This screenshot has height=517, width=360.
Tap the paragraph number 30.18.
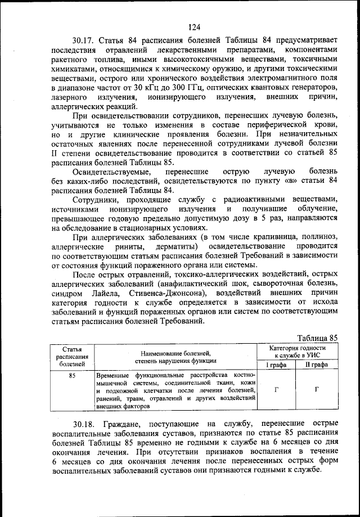pos(84,438)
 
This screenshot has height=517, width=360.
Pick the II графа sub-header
pos(316,365)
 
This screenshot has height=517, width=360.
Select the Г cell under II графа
pos(316,389)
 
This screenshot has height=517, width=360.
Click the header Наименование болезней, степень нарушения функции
pos(175,357)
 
